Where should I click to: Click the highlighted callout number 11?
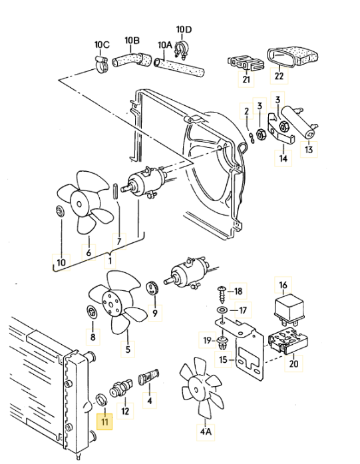[x=104, y=421]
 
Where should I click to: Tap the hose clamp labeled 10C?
[x=102, y=64]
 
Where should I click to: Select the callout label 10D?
[x=184, y=29]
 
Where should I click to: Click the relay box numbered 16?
[x=289, y=308]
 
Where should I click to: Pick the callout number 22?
[x=279, y=76]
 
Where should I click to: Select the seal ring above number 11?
[x=101, y=400]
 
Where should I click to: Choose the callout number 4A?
[x=206, y=432]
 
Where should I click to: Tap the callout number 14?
[x=283, y=158]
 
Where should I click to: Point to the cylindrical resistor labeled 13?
[x=299, y=122]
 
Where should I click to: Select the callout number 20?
[x=293, y=363]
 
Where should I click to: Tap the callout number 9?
[x=155, y=313]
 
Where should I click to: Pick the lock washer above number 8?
[x=91, y=312]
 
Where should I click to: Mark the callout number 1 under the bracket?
[x=110, y=262]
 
